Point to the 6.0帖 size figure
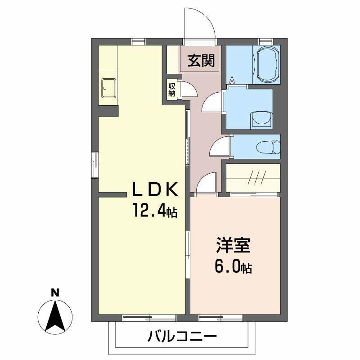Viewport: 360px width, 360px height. (233, 267)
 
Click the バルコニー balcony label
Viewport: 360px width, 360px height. (182, 336)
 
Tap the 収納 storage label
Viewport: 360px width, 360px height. (172, 89)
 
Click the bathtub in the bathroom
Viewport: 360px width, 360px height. (268, 64)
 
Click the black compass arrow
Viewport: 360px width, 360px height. (55, 315)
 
